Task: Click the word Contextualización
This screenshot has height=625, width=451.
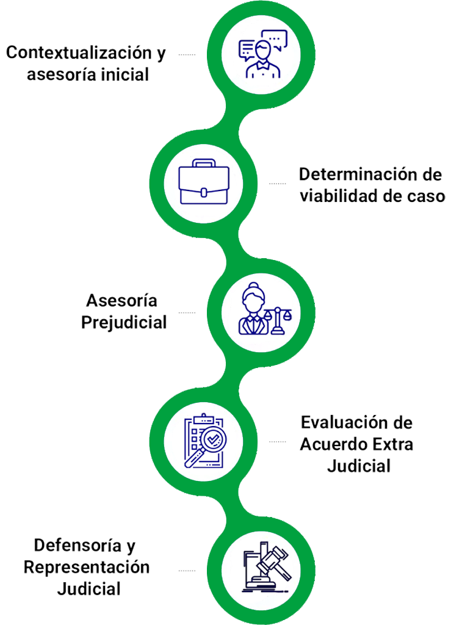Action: (79, 52)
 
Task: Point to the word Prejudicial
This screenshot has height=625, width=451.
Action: (124, 322)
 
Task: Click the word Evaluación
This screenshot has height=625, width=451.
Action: (345, 422)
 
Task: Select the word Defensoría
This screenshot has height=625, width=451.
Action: (78, 545)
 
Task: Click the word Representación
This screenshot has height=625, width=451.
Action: (87, 567)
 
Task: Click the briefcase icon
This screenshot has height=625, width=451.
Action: (204, 182)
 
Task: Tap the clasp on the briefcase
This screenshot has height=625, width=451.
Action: (204, 192)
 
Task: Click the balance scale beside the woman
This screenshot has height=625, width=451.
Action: (278, 320)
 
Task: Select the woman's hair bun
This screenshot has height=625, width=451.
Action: (253, 286)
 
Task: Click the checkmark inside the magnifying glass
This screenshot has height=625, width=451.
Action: (214, 439)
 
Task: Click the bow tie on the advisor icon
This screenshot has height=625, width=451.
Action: (262, 64)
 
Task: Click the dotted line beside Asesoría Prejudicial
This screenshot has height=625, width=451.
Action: (187, 313)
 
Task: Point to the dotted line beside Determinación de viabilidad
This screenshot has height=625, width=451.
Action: (277, 184)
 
